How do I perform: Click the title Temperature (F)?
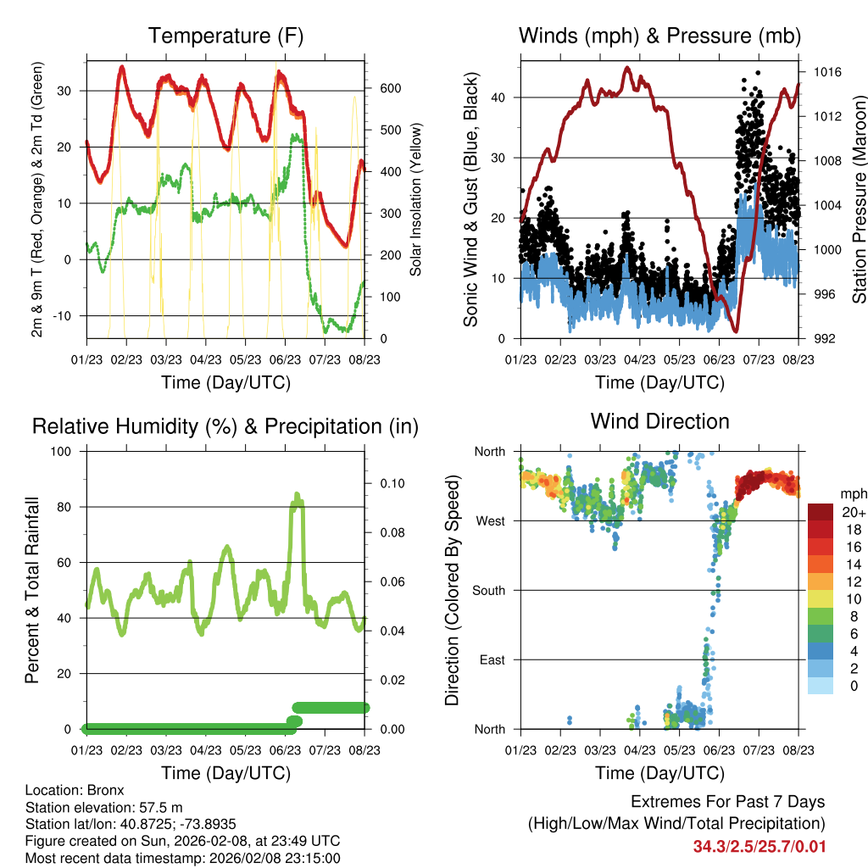225,36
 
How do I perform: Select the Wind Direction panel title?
659,421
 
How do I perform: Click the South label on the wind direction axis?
489,590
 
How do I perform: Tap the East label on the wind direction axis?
492,659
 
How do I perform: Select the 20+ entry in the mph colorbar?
853,513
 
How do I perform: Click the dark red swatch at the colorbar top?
821,512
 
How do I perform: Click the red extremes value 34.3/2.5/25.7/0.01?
759,847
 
